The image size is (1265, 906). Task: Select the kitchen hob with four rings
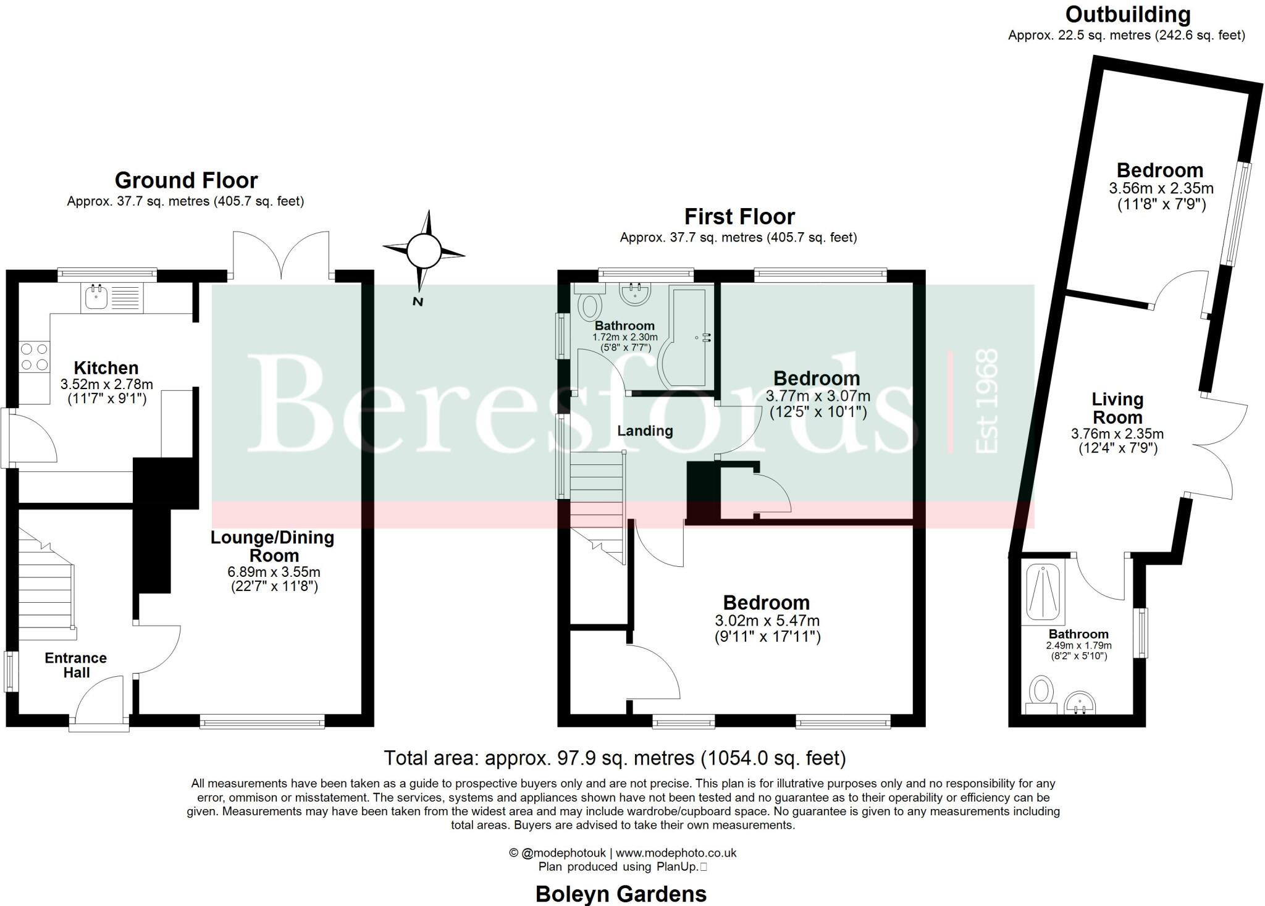(x=34, y=357)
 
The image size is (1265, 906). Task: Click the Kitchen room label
(x=106, y=368)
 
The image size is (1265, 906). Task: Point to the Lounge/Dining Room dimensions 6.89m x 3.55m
(x=274, y=572)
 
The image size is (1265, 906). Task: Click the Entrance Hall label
(x=75, y=665)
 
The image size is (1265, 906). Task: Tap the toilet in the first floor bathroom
(x=590, y=306)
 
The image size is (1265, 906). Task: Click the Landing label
(x=645, y=431)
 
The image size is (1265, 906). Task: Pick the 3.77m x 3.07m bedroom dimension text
(x=818, y=396)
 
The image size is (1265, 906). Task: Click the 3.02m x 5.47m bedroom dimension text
(x=767, y=621)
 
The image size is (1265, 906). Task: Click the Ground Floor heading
(x=186, y=180)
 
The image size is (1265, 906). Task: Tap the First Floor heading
(x=739, y=217)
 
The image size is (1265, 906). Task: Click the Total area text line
(x=615, y=758)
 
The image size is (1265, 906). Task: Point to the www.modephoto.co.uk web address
(x=676, y=853)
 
